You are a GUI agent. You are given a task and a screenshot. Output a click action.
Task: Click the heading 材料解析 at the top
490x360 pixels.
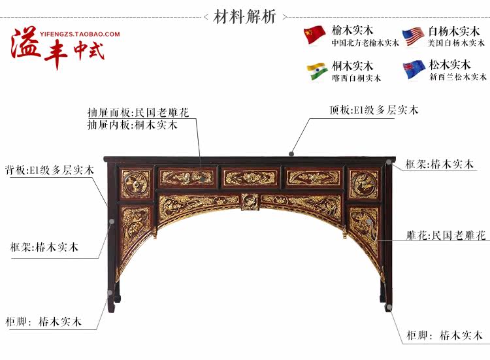pyautogui.click(x=245, y=16)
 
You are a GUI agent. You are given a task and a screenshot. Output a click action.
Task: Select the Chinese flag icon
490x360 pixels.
pyautogui.click(x=315, y=35)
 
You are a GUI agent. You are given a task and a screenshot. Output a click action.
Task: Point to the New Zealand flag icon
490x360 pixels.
pyautogui.click(x=413, y=70)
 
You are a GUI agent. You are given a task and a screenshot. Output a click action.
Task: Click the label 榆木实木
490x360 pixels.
pyautogui.click(x=352, y=30)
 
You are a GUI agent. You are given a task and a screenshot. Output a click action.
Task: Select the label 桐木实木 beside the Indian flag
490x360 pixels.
pyautogui.click(x=352, y=65)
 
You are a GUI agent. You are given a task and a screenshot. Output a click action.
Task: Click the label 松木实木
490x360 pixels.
pyautogui.click(x=450, y=65)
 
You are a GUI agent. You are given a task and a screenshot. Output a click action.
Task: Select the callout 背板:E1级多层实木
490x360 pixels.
pyautogui.click(x=50, y=170)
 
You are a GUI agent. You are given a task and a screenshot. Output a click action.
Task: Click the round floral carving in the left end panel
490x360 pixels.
pyautogui.click(x=136, y=184)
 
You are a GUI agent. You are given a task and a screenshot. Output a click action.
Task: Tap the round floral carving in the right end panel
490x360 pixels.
pyautogui.click(x=363, y=184)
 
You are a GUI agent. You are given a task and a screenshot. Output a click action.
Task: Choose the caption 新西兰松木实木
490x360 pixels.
pyautogui.click(x=457, y=77)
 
